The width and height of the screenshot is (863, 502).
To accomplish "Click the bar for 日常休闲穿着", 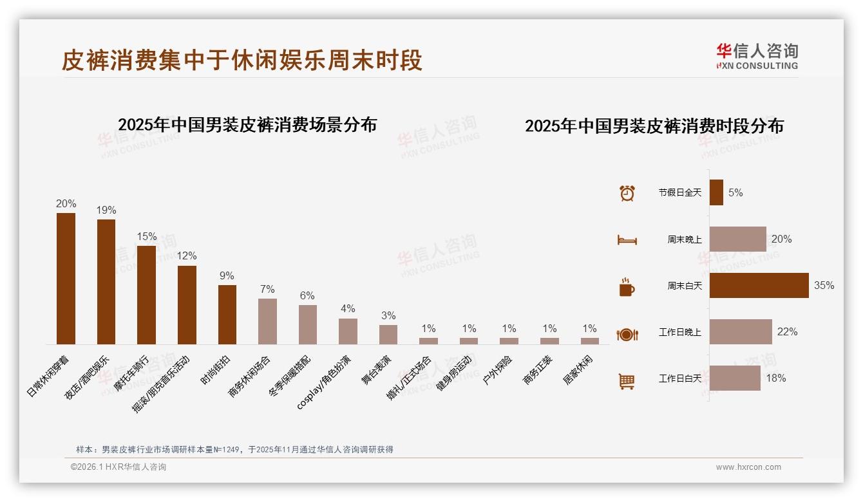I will (66, 278).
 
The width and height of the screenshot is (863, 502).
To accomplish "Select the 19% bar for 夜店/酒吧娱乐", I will (106, 281).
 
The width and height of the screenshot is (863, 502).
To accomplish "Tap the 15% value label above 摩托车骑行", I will (147, 236).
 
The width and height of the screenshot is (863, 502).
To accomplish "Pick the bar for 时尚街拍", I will (227, 314).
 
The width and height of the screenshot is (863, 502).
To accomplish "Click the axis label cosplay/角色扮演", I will (324, 382).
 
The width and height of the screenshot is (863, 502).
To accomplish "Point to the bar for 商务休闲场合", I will (267, 321).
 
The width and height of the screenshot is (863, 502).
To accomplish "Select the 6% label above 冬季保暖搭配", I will (307, 295).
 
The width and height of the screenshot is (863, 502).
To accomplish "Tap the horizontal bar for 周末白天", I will (759, 285).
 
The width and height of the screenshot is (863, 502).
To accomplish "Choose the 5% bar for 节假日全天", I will (716, 192).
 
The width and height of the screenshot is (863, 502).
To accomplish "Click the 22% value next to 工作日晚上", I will (787, 332).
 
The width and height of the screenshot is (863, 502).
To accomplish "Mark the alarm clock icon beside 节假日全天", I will (627, 193).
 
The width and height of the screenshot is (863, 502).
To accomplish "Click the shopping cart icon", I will (627, 382).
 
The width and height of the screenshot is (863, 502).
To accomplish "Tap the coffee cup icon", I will (627, 287).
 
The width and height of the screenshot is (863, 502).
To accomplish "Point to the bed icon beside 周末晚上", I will (627, 240).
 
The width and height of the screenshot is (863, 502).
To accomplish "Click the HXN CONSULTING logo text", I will (757, 66).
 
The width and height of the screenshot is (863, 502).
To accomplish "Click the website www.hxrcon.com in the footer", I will (748, 467).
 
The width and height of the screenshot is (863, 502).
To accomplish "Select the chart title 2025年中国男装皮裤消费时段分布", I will (654, 126).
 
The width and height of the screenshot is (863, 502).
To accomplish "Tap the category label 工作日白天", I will (679, 378).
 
